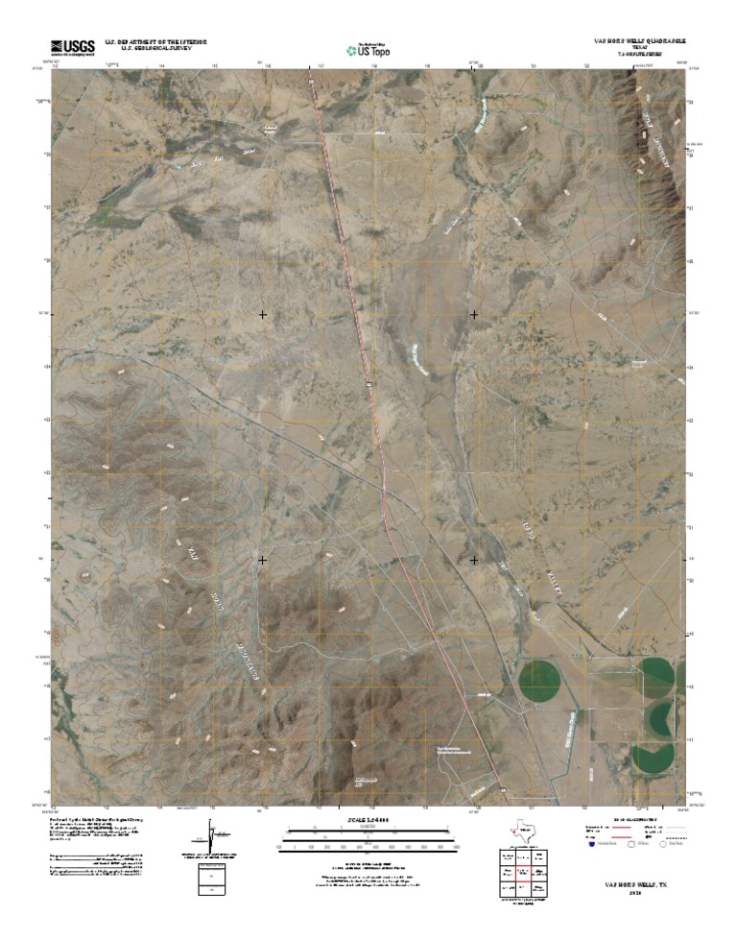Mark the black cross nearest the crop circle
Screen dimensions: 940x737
pos(474,559)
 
